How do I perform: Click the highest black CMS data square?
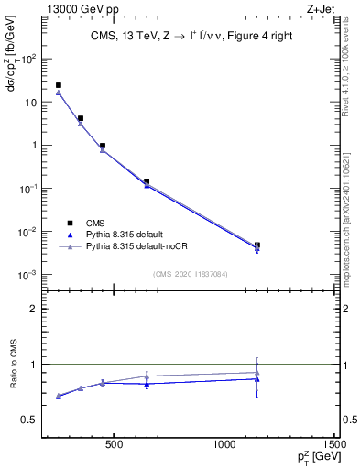[59, 85]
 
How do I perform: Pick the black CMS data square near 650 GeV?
[147, 181]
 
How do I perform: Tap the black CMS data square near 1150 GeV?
[257, 245]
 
